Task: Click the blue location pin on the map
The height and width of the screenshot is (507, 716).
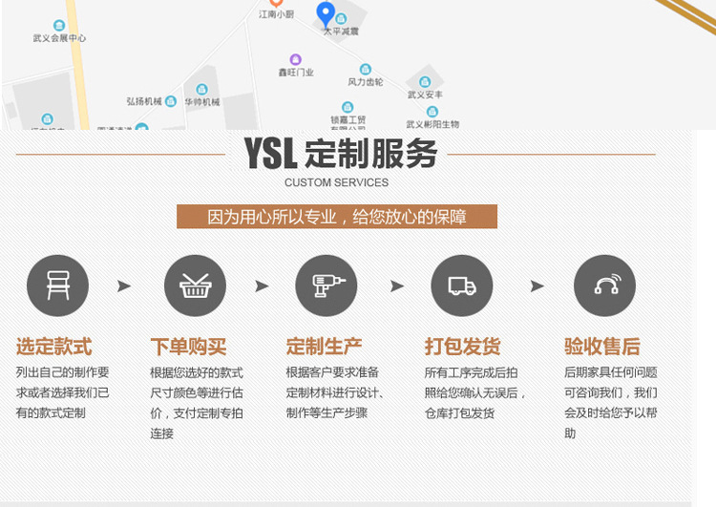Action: coord(326,14)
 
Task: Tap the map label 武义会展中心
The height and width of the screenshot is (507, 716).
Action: coord(59,38)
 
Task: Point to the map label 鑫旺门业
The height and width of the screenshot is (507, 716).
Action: coord(296,72)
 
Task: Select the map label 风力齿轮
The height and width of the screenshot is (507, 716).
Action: coord(365,82)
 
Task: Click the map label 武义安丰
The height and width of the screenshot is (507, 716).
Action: coord(425,95)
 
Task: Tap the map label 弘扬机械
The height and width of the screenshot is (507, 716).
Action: coord(144,101)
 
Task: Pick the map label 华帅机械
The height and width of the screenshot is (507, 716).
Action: coord(202,101)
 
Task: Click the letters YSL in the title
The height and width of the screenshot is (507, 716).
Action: coord(270,154)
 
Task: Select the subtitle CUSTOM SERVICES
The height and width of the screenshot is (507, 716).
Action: coord(336,182)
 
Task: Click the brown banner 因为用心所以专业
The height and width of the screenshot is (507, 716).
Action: coord(337,217)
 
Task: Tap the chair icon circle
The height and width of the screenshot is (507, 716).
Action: coord(57,285)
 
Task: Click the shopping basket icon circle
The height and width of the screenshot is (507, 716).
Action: coord(195,285)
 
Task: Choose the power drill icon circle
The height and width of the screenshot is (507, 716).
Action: coord(326,285)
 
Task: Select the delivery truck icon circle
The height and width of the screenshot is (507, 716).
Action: coord(462,285)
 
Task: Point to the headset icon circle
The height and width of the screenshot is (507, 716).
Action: coord(604,285)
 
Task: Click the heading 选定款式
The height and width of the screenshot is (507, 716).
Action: coord(53,347)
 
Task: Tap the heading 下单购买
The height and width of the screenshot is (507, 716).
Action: coord(188,347)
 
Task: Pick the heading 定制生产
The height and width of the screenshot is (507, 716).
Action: coord(325,347)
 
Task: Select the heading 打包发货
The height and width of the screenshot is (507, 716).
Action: coord(462,347)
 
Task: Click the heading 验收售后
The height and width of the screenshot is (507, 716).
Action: coord(601,347)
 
